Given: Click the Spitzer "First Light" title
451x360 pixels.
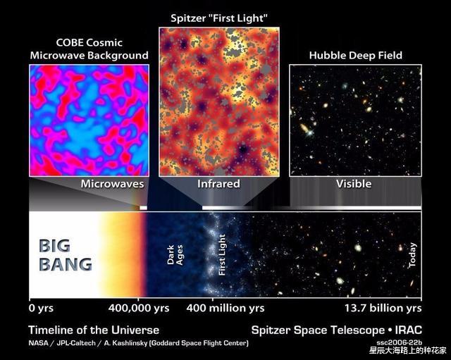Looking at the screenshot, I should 218,16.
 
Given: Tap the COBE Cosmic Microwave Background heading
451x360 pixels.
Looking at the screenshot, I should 89,49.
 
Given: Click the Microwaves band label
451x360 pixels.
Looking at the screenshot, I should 112,184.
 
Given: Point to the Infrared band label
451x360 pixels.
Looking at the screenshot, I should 218,184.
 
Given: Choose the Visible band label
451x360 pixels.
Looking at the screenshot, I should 354,184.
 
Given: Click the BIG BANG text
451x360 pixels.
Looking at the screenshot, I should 65,256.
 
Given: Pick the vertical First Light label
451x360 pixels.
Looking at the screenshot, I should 223,254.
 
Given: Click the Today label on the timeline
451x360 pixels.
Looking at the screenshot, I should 412,254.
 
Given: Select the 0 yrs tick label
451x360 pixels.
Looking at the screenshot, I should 41,308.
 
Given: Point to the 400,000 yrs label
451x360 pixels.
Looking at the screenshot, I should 139,308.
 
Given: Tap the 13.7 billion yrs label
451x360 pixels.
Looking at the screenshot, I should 382,308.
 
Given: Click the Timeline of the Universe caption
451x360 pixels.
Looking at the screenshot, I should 94,330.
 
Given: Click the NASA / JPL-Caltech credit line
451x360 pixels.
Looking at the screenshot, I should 138,343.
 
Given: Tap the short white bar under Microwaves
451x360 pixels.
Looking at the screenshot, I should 143,208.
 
